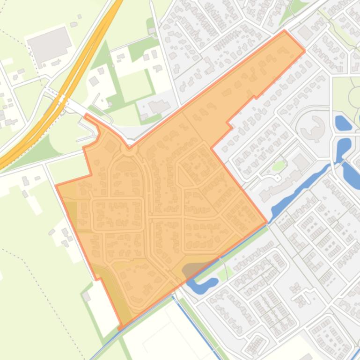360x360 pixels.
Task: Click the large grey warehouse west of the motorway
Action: [49, 43]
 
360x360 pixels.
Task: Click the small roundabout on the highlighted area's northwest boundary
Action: [128, 148]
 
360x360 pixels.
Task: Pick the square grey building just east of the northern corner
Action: [305, 33]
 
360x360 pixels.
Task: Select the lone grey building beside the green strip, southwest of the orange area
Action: [86, 296]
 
